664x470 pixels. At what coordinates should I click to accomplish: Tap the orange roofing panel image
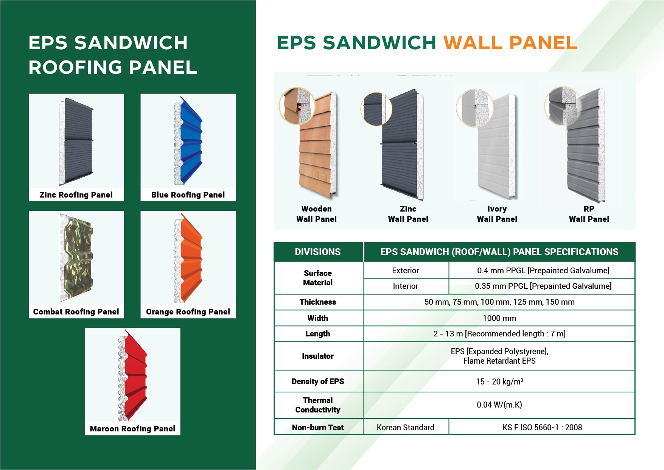pos(188,258)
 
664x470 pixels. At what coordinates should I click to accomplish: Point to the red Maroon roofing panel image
pos(133,375)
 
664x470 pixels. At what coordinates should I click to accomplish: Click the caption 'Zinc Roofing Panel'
pos(76,195)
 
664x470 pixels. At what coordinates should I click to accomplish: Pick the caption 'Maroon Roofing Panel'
pos(132,429)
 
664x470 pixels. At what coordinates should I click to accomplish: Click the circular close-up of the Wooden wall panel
pos(297,106)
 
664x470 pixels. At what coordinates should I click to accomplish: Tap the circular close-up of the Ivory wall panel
pos(475,108)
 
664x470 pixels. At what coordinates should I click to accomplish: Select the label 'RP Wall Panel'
pos(589,214)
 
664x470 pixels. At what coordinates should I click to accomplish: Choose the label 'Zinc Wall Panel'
pos(408,214)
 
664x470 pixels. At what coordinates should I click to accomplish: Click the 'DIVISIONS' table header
pos(318,252)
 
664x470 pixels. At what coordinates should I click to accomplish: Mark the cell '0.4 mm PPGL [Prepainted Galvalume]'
pos(543,271)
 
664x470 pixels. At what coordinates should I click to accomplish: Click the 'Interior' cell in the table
pos(406,286)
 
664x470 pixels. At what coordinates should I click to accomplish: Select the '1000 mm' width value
pos(499,318)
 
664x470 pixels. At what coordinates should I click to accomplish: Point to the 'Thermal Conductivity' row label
pos(318,405)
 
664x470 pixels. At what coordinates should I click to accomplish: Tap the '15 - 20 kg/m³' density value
pos(499,381)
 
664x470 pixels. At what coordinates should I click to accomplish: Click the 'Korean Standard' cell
pos(406,427)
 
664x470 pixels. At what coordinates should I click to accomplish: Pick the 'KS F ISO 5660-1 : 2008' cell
pos(542,427)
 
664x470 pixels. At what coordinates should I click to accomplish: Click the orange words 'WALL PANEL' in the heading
pos(510,43)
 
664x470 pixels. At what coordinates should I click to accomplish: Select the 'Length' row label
pos(318,334)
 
